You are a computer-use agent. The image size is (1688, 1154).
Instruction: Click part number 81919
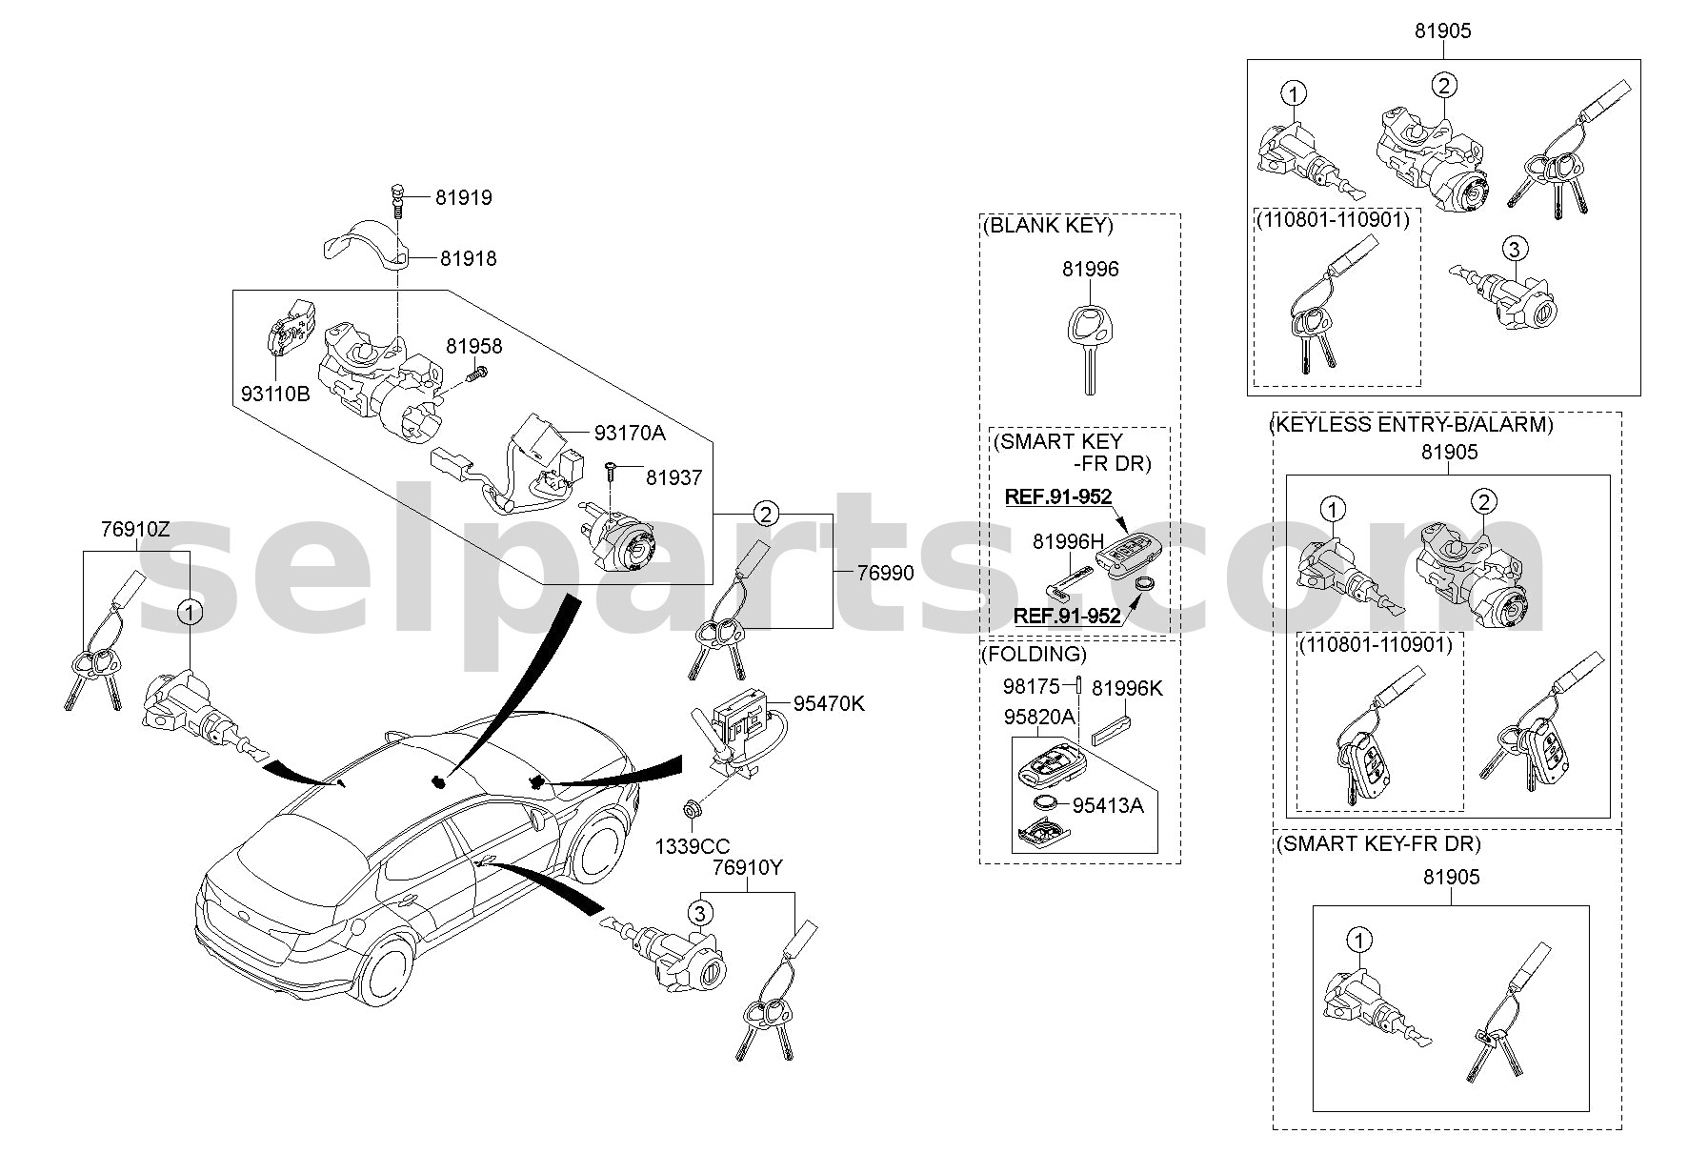pyautogui.click(x=464, y=198)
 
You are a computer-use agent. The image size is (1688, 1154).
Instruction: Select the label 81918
pyautogui.click(x=468, y=258)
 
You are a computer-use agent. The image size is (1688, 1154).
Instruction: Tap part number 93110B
pyautogui.click(x=275, y=393)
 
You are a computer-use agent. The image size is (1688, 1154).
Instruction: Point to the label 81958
pyautogui.click(x=473, y=347)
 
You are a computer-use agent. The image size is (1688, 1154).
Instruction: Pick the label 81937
pyautogui.click(x=673, y=477)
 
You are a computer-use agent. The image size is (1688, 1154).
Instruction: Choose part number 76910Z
pyautogui.click(x=135, y=530)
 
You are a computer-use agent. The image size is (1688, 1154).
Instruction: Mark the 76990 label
pyautogui.click(x=885, y=573)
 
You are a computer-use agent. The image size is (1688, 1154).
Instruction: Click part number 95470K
pyautogui.click(x=829, y=704)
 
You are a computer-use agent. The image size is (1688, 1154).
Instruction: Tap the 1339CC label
pyautogui.click(x=693, y=846)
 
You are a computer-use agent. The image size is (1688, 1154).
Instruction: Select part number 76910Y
pyautogui.click(x=748, y=869)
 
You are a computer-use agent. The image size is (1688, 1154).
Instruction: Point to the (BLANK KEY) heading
pyautogui.click(x=1046, y=226)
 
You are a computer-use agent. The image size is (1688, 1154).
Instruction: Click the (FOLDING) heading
pyautogui.click(x=1033, y=654)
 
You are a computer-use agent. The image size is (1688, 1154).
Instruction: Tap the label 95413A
pyautogui.click(x=1108, y=805)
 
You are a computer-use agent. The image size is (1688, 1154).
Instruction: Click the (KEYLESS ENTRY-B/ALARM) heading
pyautogui.click(x=1411, y=424)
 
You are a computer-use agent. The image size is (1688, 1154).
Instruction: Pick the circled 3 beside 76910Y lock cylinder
pyautogui.click(x=700, y=914)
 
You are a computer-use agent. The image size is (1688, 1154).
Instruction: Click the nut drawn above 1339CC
pyautogui.click(x=688, y=811)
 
